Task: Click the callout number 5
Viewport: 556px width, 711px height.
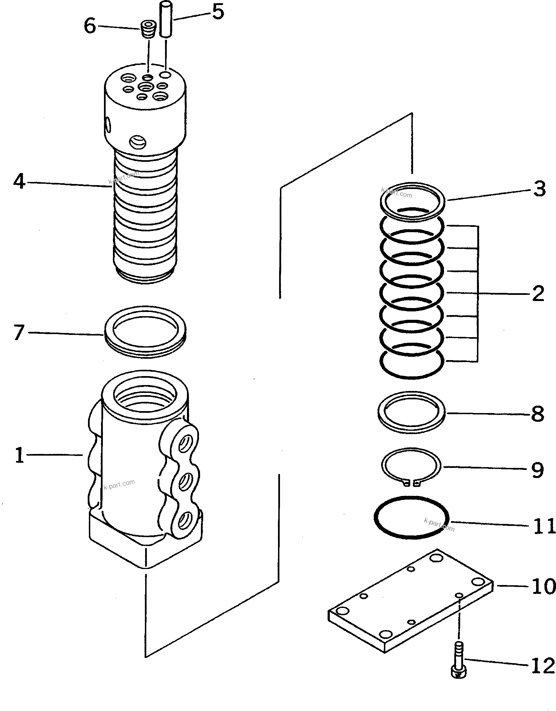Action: pyautogui.click(x=218, y=12)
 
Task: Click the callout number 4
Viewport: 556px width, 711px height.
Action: pyautogui.click(x=19, y=181)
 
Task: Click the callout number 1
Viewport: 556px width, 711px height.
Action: pyautogui.click(x=20, y=455)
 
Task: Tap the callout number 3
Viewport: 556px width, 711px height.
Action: pyautogui.click(x=539, y=189)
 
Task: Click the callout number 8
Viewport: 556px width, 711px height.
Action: pyautogui.click(x=538, y=414)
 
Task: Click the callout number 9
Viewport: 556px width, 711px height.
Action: pyautogui.click(x=538, y=470)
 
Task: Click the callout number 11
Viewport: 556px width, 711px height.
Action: pyautogui.click(x=543, y=526)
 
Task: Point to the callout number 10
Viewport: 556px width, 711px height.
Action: pyautogui.click(x=543, y=586)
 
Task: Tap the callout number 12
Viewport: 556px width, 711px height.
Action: pyautogui.click(x=543, y=665)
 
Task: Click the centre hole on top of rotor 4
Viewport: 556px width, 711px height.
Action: pyautogui.click(x=146, y=87)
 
